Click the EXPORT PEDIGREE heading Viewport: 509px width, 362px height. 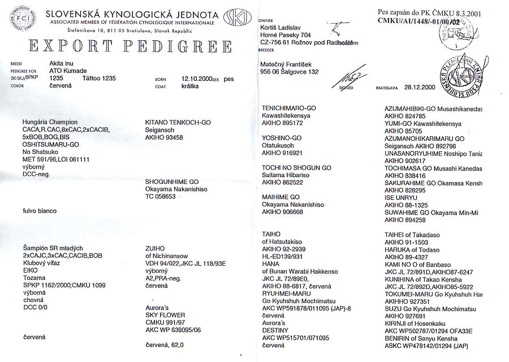click(x=120, y=46)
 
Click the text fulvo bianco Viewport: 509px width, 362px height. click(x=39, y=211)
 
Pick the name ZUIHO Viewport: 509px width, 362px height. click(x=156, y=248)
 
